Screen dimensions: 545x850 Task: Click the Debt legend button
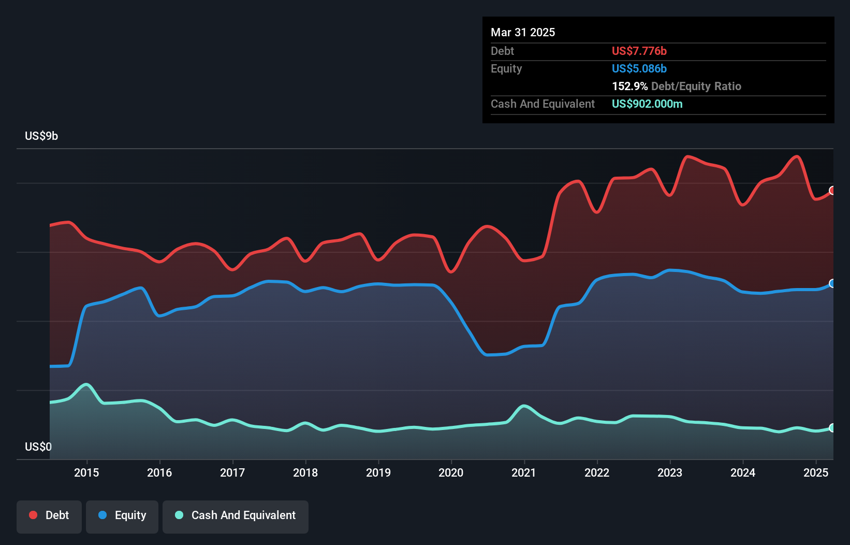click(x=49, y=515)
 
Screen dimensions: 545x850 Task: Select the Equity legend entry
click(x=122, y=515)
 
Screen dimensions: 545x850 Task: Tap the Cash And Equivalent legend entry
click(x=236, y=515)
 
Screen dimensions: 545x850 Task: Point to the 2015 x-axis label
click(x=86, y=472)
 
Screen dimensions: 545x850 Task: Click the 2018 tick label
click(x=305, y=472)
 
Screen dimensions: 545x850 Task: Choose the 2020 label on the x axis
click(x=451, y=472)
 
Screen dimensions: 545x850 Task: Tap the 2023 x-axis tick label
click(x=670, y=472)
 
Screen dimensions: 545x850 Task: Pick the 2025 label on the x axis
click(x=816, y=472)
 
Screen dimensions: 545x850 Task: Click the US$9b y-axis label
click(x=41, y=136)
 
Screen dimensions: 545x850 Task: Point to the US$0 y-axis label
click(x=38, y=447)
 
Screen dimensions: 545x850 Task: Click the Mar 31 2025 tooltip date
click(x=523, y=33)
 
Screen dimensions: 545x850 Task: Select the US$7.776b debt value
click(x=639, y=51)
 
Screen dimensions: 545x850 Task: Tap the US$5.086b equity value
click(x=639, y=69)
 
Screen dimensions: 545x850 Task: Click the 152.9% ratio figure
click(x=629, y=87)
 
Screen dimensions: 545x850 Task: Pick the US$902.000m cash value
click(x=647, y=104)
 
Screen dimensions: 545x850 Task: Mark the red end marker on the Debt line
click(x=832, y=191)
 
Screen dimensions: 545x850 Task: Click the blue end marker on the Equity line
click(x=832, y=283)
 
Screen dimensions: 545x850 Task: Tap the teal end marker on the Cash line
click(x=832, y=428)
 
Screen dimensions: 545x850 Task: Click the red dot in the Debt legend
click(x=33, y=515)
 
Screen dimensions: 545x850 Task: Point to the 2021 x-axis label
click(x=524, y=472)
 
